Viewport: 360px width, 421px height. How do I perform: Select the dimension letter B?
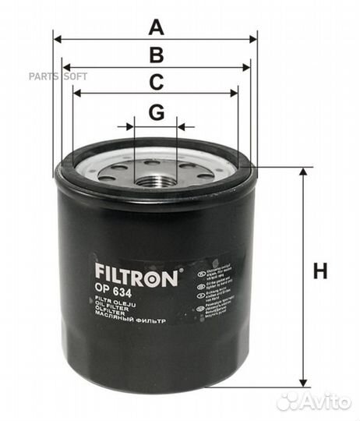(157, 55)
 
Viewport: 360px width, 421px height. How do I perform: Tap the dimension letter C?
(157, 82)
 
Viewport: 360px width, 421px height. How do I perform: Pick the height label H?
(320, 272)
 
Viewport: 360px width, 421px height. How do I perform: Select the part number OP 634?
(112, 292)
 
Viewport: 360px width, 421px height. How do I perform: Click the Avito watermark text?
(324, 402)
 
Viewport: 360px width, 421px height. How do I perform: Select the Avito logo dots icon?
(288, 402)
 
